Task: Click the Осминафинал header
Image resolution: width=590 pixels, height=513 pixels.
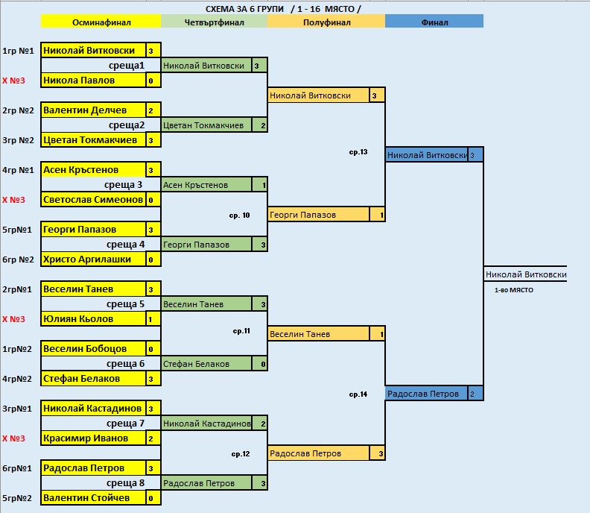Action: [101, 22]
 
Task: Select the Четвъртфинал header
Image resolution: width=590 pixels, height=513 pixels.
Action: [214, 22]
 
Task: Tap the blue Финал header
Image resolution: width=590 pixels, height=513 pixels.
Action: [434, 22]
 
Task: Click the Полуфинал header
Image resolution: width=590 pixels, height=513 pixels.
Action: [326, 22]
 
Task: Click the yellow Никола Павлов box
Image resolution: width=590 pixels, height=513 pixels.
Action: [93, 81]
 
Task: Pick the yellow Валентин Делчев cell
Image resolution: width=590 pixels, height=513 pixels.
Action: [93, 110]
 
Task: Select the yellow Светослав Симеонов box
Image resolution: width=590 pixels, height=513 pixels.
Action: [93, 200]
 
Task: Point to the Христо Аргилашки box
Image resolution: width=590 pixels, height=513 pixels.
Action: [93, 259]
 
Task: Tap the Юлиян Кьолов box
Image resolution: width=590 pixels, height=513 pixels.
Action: [93, 319]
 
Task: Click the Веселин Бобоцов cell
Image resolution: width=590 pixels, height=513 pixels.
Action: [93, 349]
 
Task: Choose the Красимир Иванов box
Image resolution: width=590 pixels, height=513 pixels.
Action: [93, 438]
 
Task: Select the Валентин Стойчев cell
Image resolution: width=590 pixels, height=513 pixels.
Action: [93, 498]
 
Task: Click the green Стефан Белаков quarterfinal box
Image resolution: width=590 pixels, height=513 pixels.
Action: [206, 364]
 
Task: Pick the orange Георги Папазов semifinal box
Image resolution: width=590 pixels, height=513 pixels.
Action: [319, 215]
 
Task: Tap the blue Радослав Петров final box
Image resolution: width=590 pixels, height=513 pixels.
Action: [427, 394]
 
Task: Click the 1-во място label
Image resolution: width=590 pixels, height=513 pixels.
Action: [513, 290]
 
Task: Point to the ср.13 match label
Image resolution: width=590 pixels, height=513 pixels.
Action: [358, 152]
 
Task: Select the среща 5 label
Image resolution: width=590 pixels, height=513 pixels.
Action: [125, 304]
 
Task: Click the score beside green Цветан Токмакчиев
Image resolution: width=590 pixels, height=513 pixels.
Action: [264, 125]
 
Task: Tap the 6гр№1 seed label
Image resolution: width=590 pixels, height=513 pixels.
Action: [17, 468]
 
